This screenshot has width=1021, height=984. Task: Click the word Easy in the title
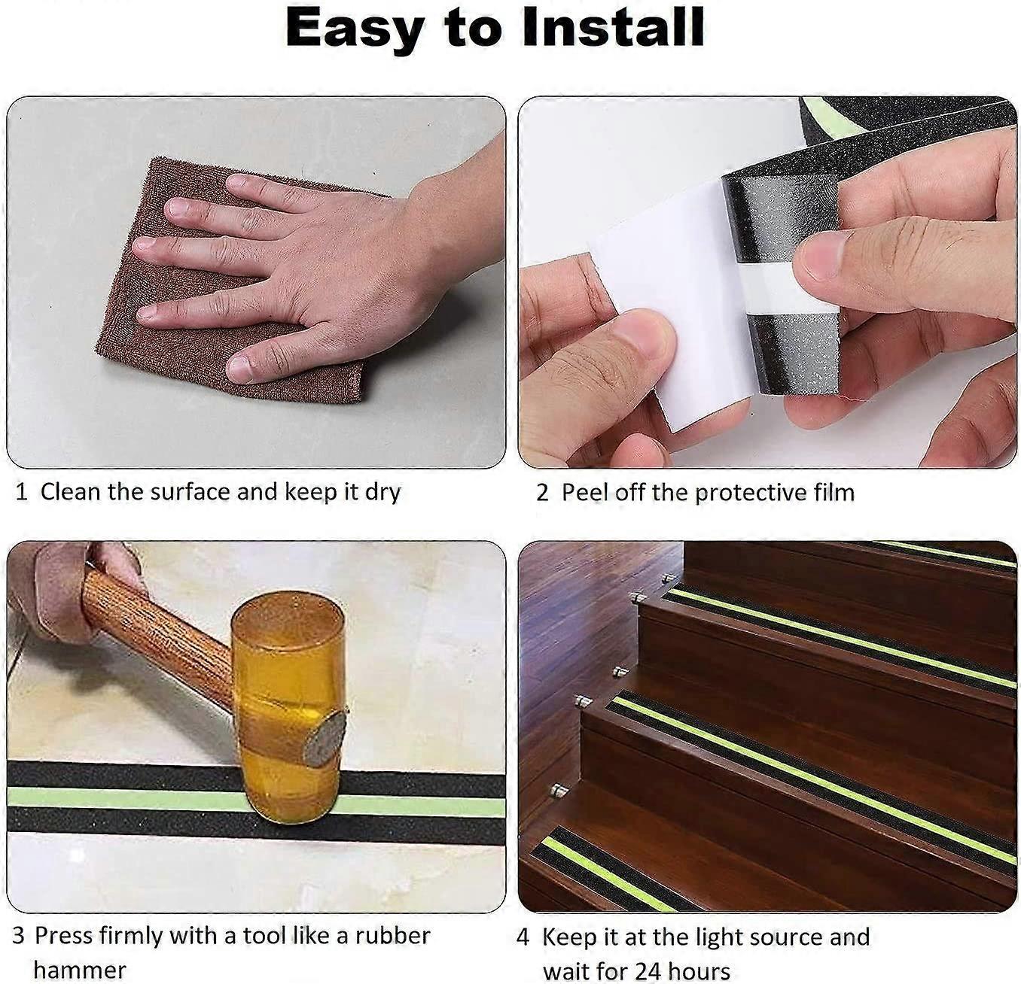[354, 28]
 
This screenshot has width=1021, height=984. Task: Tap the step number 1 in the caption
[22, 493]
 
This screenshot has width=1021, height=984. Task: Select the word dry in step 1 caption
[382, 493]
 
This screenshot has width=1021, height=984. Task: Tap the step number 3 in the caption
[19, 936]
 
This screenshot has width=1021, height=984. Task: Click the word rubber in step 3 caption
[392, 936]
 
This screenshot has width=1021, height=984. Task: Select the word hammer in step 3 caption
[79, 969]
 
